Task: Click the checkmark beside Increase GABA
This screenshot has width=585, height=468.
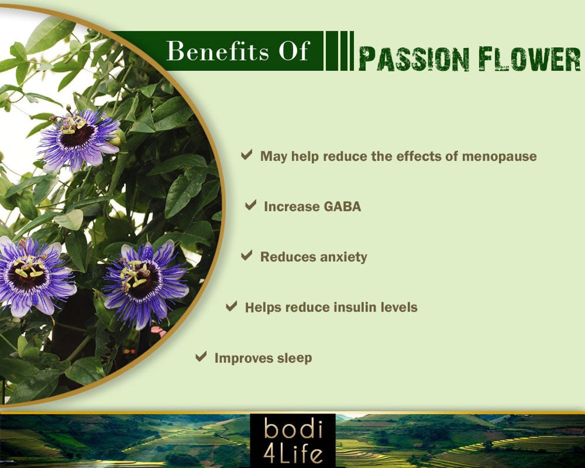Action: (x=250, y=205)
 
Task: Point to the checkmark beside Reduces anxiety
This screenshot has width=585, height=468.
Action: (x=247, y=255)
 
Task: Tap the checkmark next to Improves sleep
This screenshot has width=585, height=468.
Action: (x=201, y=356)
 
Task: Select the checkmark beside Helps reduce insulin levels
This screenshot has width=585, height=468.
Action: (x=231, y=306)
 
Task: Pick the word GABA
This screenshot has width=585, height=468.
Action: (x=342, y=206)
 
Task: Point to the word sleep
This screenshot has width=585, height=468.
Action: (x=294, y=358)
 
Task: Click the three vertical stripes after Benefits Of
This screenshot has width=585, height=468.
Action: (x=339, y=51)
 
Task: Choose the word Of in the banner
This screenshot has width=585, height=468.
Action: (x=293, y=51)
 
